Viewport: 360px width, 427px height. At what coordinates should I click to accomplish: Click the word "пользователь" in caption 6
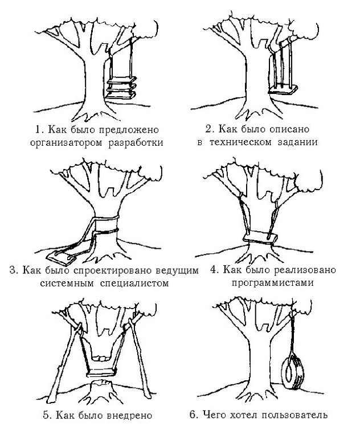[301, 415]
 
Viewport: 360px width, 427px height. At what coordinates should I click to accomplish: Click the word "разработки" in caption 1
[136, 142]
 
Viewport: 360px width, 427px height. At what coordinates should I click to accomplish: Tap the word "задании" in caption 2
[298, 142]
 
